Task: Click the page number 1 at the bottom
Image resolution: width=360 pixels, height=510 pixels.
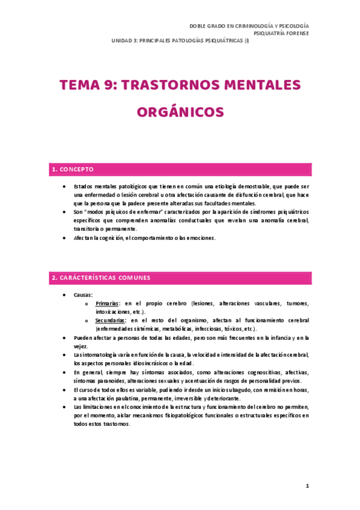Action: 307,486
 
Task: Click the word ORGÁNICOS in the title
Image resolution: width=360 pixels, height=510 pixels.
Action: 180,112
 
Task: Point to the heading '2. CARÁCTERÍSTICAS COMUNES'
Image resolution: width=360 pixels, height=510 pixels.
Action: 100,278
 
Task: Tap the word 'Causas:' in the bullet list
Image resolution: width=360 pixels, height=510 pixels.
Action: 83,295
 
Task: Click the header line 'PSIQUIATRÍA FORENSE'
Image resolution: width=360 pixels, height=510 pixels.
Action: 281,34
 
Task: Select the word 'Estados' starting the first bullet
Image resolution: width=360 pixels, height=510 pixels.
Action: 85,187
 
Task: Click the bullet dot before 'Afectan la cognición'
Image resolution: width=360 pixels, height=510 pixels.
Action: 64,238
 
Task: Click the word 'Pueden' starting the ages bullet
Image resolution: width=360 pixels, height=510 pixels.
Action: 84,338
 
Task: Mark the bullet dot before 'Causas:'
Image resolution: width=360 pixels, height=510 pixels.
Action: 64,295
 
